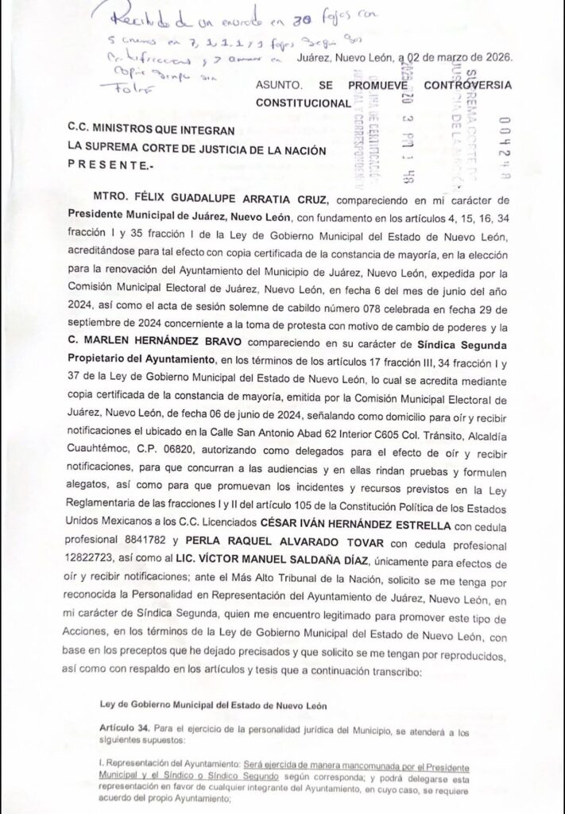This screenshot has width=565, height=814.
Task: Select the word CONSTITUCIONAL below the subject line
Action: pos(303,103)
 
